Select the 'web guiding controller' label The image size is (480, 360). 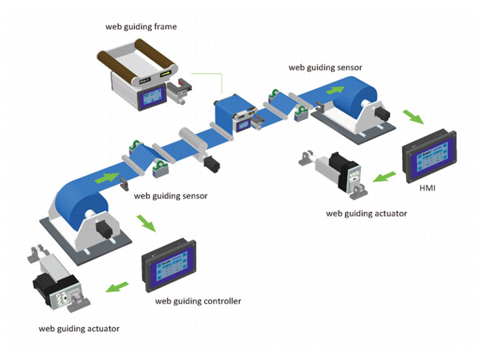(x=198, y=301)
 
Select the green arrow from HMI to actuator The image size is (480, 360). (x=383, y=178)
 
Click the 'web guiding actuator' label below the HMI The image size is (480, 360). (x=366, y=214)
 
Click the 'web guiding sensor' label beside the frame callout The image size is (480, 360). (x=325, y=67)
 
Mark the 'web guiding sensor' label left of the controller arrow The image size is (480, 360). (x=171, y=196)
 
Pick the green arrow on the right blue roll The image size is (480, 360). (x=335, y=89)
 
